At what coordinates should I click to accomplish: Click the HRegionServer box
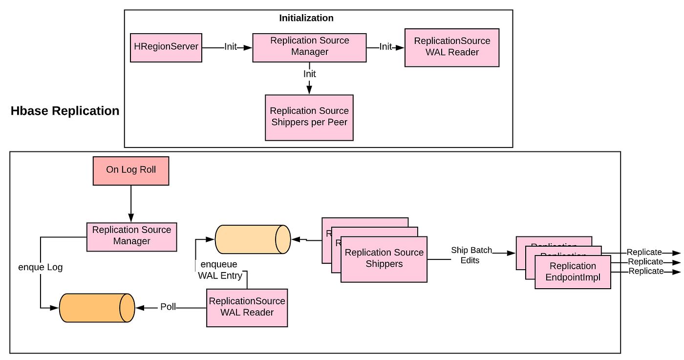166,47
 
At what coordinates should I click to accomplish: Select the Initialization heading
306,18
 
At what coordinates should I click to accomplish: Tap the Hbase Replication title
65,111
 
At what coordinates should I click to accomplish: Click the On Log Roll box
131,170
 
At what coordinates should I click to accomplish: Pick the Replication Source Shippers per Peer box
309,117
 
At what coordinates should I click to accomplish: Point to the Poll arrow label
168,307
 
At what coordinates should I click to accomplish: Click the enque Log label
41,267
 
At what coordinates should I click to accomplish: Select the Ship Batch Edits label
471,255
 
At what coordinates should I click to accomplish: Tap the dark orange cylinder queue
97,308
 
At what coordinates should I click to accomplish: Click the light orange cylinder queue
253,239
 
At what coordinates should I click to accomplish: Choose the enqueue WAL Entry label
220,270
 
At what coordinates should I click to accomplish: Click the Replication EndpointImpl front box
573,272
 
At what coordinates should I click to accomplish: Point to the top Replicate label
644,253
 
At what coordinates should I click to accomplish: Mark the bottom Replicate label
646,271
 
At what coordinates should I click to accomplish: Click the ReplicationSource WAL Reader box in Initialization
452,47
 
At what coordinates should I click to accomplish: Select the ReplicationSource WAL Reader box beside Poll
247,307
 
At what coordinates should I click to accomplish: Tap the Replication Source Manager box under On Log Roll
131,237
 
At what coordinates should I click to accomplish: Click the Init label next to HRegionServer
231,47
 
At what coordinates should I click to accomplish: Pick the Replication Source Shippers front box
384,259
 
